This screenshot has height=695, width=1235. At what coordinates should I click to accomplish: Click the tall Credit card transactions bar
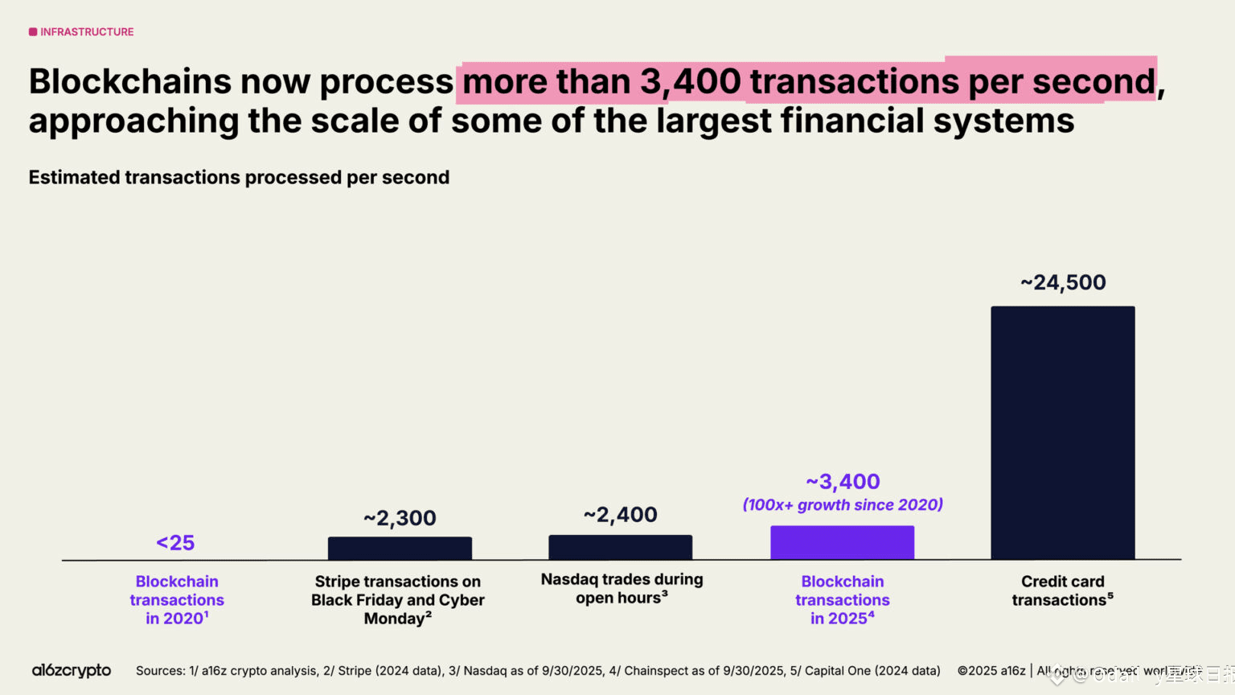pos(1062,432)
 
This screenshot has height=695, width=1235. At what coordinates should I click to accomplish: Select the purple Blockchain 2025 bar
pos(842,542)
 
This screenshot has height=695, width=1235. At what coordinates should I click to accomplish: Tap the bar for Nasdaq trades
pos(620,547)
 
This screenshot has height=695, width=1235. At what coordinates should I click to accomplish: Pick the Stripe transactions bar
pos(400,548)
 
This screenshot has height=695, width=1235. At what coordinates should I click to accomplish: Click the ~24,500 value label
pos(1063,282)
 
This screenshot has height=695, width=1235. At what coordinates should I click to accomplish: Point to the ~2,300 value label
pos(400,518)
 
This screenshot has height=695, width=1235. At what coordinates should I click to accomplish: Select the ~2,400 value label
pos(620,515)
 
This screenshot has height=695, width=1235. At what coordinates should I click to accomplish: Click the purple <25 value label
pos(175,543)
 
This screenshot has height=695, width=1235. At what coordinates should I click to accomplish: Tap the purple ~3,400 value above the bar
pos(843,482)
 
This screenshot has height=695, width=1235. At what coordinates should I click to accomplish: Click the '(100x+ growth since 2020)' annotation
pos(843,505)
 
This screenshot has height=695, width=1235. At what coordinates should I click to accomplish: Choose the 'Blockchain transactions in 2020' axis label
pos(177,599)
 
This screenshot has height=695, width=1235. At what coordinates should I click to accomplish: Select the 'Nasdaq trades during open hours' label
pos(622,588)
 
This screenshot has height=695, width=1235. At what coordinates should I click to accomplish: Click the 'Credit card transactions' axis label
pos(1062,590)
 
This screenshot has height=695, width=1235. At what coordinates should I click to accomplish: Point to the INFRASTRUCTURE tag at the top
pos(82,32)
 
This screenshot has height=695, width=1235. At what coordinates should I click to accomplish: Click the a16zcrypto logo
pos(72,670)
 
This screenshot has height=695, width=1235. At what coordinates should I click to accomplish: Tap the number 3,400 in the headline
pos(691,82)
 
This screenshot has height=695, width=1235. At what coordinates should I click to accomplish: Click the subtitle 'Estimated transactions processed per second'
pos(239,178)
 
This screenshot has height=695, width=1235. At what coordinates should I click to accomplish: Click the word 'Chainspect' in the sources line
pos(656,671)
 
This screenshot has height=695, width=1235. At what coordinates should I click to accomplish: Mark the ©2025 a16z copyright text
pos(991,671)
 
